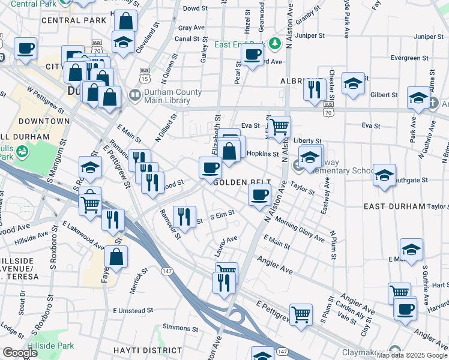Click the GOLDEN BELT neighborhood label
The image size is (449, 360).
tap(243, 182)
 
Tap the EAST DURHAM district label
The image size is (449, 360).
tap(394, 206)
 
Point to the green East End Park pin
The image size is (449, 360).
tap(275, 43)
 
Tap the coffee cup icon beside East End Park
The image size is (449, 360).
tap(252, 55)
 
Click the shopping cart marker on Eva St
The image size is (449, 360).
tap(279, 127)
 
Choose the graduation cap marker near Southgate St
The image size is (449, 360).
tap(384, 175)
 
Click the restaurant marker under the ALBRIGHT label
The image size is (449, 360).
tap(314, 88)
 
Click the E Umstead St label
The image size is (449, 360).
tap(133, 311)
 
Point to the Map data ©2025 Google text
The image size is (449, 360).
tap(412, 355)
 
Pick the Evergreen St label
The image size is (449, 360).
tap(408, 58)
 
